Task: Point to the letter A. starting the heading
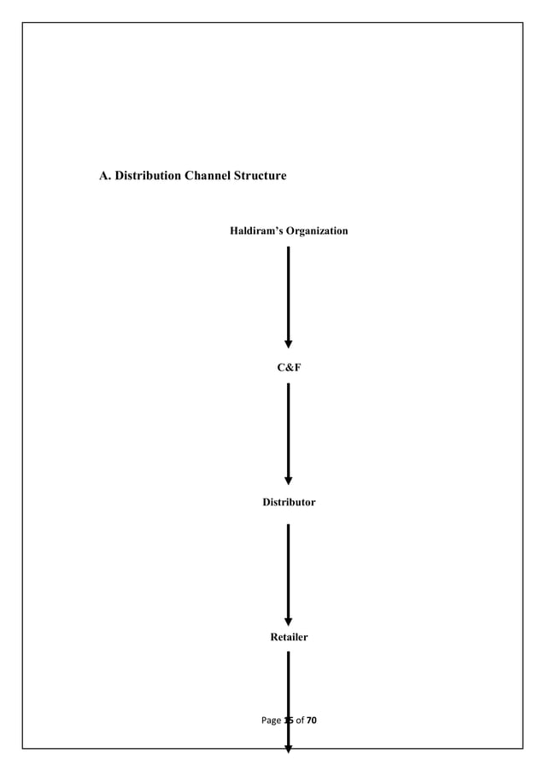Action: click(106, 176)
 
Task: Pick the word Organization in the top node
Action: click(317, 231)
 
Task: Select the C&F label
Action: click(289, 367)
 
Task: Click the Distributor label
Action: click(289, 502)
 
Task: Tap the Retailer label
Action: click(289, 637)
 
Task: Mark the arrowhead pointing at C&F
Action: click(289, 344)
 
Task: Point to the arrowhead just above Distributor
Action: click(289, 481)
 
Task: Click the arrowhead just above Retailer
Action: click(289, 622)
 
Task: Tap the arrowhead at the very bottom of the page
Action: click(289, 749)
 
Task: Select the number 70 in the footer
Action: click(311, 721)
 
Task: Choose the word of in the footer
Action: click(300, 721)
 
